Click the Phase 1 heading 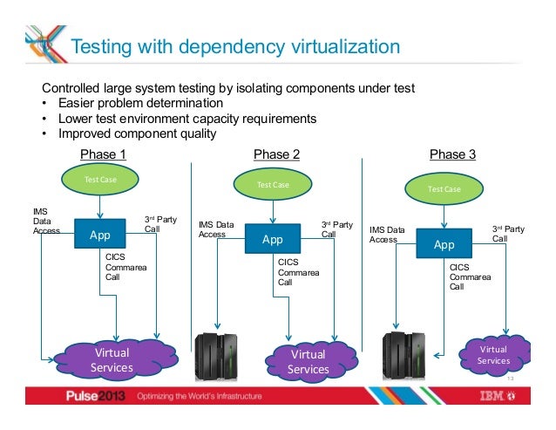[x=104, y=154]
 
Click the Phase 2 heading [x=277, y=154]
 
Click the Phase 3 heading [x=453, y=154]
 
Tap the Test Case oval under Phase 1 [x=100, y=180]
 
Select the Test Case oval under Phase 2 [x=273, y=185]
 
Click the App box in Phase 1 [x=100, y=234]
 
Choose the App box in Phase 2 [x=273, y=239]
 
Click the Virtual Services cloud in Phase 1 [x=110, y=360]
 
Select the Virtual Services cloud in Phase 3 [x=493, y=354]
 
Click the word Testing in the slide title [x=102, y=46]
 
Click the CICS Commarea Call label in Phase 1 [x=118, y=267]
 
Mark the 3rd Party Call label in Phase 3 [x=509, y=232]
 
